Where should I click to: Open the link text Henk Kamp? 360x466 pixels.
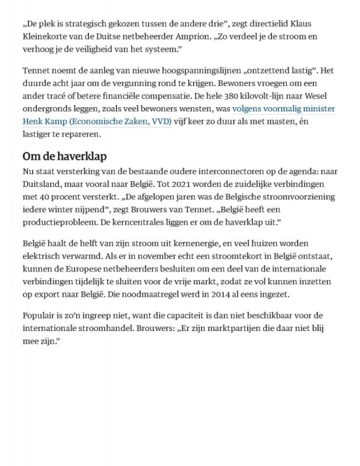pos(45,122)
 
